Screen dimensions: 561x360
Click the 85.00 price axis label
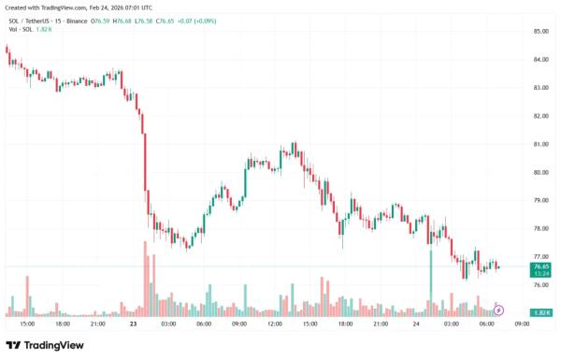[541, 32]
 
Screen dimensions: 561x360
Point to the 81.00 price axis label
[541, 144]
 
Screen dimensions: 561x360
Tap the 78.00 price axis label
[541, 229]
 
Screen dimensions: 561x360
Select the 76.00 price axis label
[541, 285]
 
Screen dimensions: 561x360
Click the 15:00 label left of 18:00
[27, 324]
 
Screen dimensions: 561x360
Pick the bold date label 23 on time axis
[133, 324]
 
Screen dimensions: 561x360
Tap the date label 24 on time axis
[416, 324]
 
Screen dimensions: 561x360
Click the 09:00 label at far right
[522, 324]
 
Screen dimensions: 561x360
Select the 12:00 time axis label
[274, 324]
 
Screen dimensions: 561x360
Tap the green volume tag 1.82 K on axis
[540, 312]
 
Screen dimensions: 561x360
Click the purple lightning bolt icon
[498, 310]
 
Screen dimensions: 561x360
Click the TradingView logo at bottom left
[45, 345]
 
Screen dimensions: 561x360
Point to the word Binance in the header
[77, 22]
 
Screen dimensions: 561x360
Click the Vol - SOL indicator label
[21, 29]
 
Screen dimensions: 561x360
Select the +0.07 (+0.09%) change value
[196, 22]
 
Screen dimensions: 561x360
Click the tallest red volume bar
[145, 280]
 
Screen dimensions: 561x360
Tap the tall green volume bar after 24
[431, 283]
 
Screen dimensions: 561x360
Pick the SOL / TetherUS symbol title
[29, 22]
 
